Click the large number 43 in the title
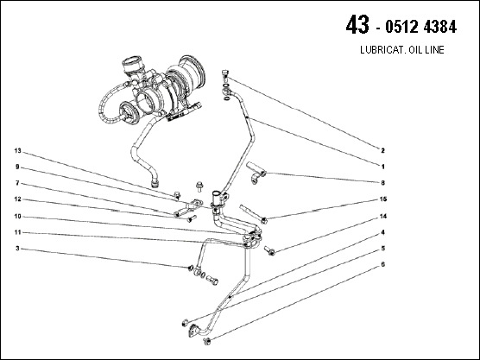(357, 25)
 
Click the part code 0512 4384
(421, 27)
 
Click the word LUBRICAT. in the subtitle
(379, 49)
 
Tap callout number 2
(382, 150)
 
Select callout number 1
(382, 167)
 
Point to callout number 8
(382, 183)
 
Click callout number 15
(383, 199)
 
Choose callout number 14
(383, 217)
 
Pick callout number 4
(382, 232)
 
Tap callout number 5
(382, 249)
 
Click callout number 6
(382, 264)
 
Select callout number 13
(18, 150)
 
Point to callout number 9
(17, 167)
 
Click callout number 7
(17, 183)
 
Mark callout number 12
(18, 199)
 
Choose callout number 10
(18, 217)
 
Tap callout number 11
(18, 232)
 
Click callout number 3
(17, 249)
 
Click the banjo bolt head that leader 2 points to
(225, 74)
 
